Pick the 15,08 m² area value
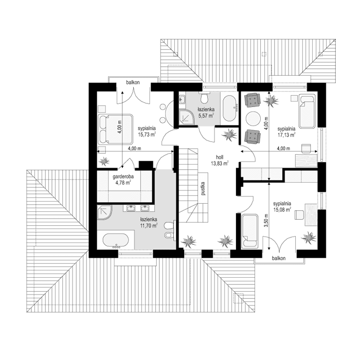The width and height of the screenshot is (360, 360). coord(282,210)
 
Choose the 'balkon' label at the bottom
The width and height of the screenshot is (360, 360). coord(278,259)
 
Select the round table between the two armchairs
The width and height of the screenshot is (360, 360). coord(253,118)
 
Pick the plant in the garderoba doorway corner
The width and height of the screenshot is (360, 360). coord(105,161)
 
